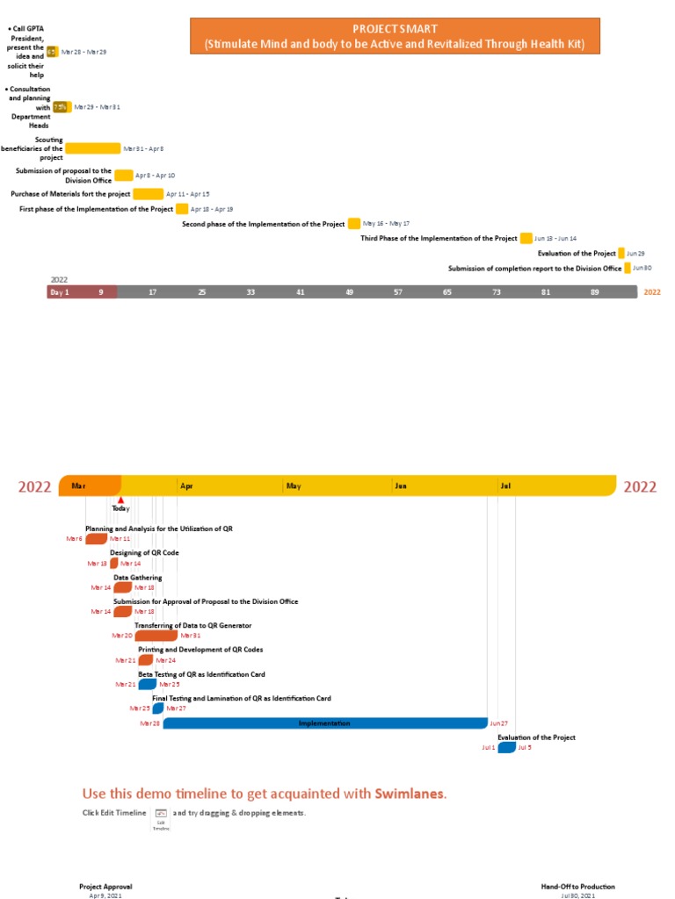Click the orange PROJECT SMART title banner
pos(395,37)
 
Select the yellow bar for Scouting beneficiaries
pos(92,148)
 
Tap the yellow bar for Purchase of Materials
pos(148,194)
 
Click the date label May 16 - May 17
pos(386,224)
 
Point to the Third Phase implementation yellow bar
pos(526,238)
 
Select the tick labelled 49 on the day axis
pos(349,292)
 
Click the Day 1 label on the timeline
pos(60,292)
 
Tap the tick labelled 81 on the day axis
pos(546,292)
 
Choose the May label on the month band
pos(294,485)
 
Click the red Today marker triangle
pos(120,500)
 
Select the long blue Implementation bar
pos(324,723)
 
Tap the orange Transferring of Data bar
pos(156,635)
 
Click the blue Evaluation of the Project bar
pos(506,748)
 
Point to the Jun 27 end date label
pos(498,723)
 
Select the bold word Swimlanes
pos(410,794)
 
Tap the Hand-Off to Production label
pos(577,887)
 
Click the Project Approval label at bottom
pos(105,887)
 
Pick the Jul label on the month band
pos(505,485)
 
